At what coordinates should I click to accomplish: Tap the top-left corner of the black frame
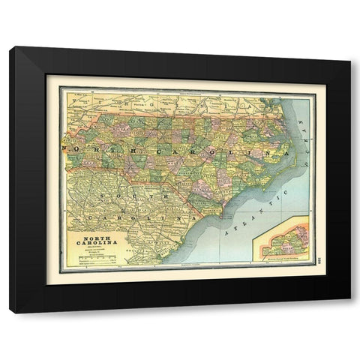(x=10, y=48)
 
